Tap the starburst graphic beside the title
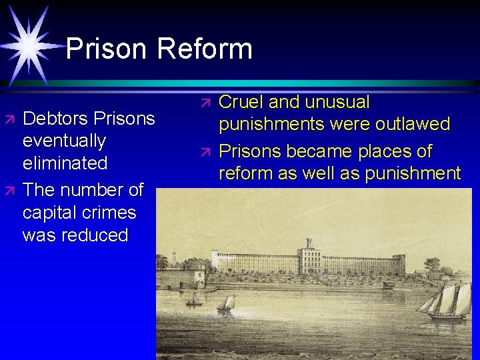click(x=28, y=44)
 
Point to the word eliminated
click(x=65, y=163)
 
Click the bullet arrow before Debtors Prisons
click(x=9, y=119)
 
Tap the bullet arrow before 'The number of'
click(x=9, y=191)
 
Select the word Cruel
click(x=241, y=102)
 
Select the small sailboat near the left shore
click(x=227, y=304)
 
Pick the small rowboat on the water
click(x=194, y=304)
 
